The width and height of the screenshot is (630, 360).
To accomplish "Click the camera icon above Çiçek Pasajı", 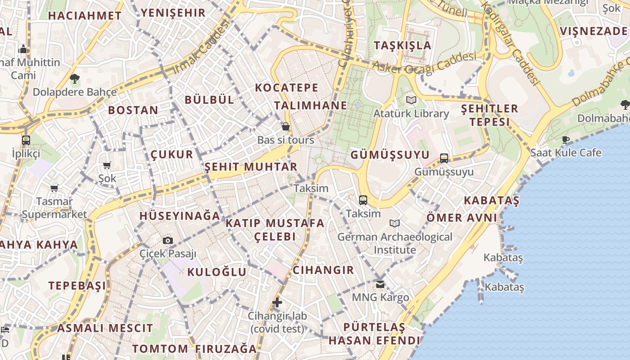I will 168,241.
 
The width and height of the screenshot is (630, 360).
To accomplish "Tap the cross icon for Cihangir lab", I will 277,302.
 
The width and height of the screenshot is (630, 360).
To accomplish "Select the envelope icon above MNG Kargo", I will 380,284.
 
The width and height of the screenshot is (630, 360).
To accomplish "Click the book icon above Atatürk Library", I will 411,100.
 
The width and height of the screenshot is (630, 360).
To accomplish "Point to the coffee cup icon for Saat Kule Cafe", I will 566,139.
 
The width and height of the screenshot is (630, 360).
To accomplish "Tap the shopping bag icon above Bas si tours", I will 285,126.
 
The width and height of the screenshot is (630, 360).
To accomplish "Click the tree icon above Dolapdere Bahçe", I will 75,79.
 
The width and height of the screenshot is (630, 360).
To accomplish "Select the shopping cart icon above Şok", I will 107,166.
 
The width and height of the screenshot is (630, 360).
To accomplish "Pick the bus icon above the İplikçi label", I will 26,140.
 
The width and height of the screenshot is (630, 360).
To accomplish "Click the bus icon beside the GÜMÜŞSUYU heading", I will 444,158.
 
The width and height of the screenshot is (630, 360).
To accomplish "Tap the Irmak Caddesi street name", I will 198,49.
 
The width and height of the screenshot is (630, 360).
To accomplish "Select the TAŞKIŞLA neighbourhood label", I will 402,45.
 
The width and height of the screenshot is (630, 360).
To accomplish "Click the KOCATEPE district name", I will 287,88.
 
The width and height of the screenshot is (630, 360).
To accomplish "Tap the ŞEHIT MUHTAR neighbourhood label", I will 251,167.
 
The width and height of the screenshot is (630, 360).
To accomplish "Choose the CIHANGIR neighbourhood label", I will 323,270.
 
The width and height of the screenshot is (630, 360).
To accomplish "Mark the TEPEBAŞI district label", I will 77,286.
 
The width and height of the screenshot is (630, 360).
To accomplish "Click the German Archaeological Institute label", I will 395,243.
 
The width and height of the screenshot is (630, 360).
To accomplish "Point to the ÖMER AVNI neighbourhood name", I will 462,218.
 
